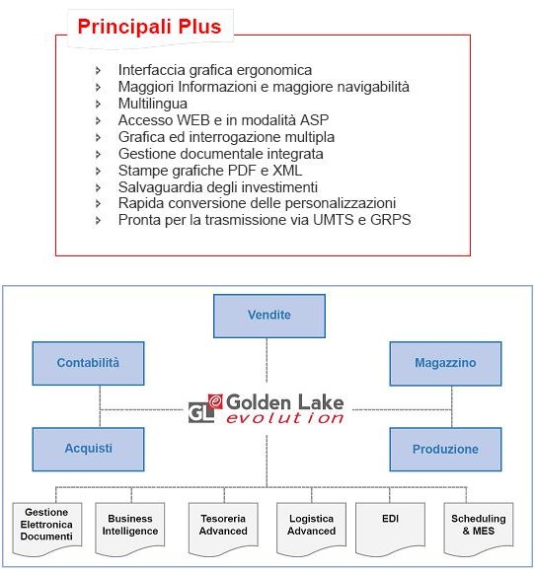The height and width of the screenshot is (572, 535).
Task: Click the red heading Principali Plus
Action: pos(149,27)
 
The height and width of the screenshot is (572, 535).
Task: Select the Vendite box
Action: pos(269,316)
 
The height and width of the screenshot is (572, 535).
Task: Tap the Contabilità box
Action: pos(88,363)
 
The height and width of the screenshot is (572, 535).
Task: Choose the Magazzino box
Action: pos(445,363)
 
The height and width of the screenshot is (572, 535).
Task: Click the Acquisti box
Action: pos(88,449)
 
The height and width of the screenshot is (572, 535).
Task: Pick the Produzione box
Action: pos(445,449)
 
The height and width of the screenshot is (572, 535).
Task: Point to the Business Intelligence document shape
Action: pos(130,529)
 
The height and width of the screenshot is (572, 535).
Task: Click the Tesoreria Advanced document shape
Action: pos(223,529)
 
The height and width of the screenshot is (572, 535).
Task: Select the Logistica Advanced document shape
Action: pos(311,529)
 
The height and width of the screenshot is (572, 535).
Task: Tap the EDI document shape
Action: pos(390,529)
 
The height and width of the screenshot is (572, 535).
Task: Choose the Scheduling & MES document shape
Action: pos(479,529)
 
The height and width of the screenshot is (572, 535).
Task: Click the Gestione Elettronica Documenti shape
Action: pos(46,529)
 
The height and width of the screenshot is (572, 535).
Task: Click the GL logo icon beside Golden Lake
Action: pos(205,408)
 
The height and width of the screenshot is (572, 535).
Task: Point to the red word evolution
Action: pos(285,418)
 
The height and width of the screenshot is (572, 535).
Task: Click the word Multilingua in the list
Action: pos(153,104)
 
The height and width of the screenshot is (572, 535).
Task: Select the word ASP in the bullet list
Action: pos(315,120)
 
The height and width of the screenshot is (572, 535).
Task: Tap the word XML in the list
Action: pos(287,171)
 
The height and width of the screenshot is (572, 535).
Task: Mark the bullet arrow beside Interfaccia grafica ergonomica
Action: pos(98,70)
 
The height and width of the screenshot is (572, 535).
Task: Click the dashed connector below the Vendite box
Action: pos(267,360)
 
